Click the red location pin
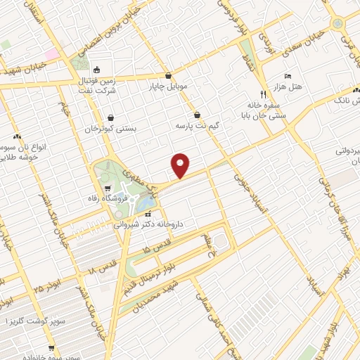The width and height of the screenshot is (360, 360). [181, 165]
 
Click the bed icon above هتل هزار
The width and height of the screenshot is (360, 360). [287, 75]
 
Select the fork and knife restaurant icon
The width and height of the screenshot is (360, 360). [263, 93]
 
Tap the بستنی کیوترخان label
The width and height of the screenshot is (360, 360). [109, 129]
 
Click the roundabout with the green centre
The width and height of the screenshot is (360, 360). [338, 23]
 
